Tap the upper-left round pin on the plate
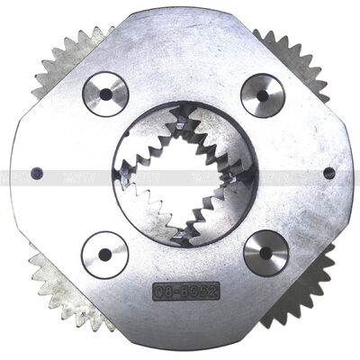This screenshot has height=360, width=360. coord(105,94)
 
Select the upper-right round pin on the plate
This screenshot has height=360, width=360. coord(263,95)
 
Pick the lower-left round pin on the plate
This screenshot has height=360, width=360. coord(104,255)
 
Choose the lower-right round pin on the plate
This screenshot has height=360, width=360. coord(265,252)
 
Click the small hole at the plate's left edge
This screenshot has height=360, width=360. coord(36,174)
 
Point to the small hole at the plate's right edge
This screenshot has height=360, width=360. coord(329,173)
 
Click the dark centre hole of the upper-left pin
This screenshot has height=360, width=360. coord(105,94)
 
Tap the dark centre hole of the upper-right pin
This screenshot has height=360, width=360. coord(263,95)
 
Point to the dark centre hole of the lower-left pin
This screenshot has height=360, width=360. coord(104,255)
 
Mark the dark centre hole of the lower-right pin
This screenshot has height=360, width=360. coord(265,252)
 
